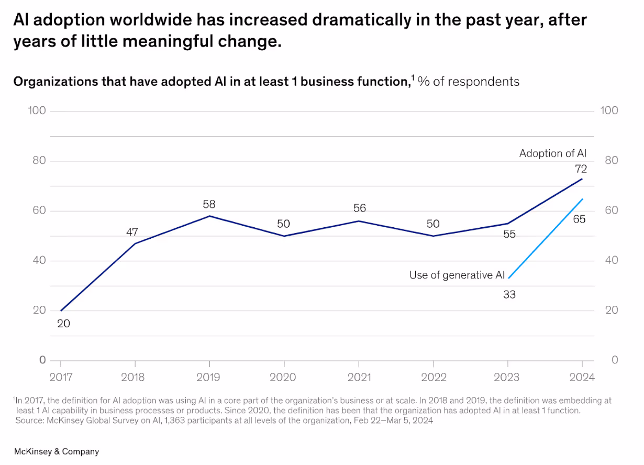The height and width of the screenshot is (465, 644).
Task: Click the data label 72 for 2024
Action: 581,169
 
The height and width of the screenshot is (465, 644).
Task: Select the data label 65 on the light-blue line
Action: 579,219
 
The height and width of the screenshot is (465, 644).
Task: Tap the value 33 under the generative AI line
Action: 509,295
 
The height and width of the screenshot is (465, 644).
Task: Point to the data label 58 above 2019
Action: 209,204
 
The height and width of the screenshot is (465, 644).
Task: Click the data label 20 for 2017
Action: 63,324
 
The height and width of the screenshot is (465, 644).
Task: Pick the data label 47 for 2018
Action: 132,232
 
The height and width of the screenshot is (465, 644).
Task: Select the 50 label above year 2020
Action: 283,224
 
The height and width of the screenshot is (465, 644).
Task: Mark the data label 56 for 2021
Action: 359,208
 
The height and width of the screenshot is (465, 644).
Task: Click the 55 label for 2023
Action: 509,235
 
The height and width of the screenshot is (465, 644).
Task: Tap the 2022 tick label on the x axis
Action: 433,377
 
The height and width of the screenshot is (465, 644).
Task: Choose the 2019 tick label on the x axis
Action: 209,377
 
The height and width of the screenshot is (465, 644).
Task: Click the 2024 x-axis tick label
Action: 582,377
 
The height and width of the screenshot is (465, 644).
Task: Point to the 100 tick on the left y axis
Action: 36,110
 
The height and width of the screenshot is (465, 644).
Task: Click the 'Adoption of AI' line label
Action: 553,153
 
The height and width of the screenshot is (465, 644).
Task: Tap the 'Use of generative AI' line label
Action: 457,275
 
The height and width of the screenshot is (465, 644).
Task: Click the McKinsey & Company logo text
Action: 56,451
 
